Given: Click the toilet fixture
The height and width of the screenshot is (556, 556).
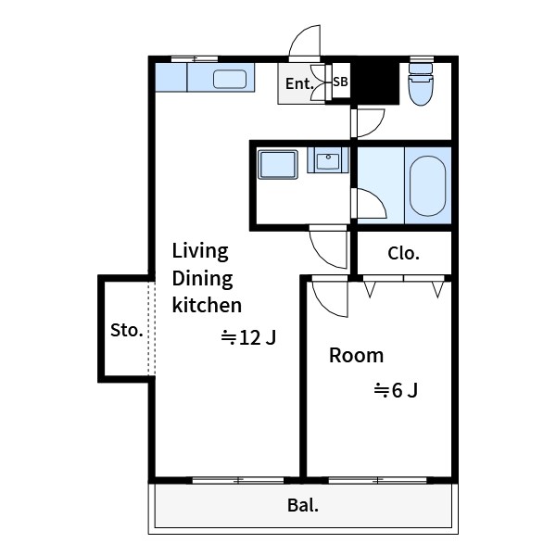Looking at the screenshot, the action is pos(421,84).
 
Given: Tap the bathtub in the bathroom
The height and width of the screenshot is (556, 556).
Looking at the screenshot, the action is pos(427,186).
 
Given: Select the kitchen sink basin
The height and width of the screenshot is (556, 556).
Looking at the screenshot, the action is pos(230,79).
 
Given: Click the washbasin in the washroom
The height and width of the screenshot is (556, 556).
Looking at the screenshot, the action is pos(328,160).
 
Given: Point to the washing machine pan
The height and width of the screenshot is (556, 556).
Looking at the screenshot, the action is pos(278,165).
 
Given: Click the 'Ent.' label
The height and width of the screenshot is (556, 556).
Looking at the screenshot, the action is pos(299,84).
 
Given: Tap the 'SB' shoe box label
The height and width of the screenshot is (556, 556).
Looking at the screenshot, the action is pos(340,82).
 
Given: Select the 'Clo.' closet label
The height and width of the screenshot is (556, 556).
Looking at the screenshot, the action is pos(403,253).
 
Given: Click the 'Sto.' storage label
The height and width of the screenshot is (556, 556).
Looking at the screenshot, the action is pos(127,330).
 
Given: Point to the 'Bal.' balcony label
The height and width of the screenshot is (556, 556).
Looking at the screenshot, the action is pos(303,505).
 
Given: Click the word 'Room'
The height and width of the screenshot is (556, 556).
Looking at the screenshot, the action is pos(357,355).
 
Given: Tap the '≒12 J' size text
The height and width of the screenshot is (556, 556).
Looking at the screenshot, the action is pos(248,337).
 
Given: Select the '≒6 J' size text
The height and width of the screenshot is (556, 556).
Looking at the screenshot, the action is pos(396,390).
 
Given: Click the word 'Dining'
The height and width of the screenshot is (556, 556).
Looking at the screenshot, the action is pos(202,279).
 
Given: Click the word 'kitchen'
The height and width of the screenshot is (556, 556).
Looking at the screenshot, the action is pos(207,305).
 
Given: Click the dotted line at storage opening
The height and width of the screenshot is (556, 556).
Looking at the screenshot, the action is pos(152,328).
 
